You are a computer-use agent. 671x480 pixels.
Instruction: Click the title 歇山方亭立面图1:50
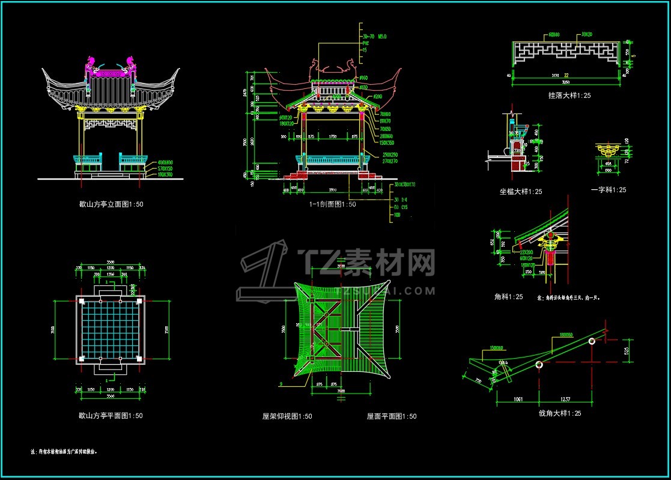[x=111, y=204]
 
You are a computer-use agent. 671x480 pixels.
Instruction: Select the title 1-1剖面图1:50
[x=332, y=204]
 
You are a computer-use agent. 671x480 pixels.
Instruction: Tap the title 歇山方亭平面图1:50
[x=111, y=416]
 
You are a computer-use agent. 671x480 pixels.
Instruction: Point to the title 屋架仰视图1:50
[x=287, y=416]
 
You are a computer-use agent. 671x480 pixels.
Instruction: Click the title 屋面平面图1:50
[x=392, y=416]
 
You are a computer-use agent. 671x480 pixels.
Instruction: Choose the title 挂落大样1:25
[x=569, y=96]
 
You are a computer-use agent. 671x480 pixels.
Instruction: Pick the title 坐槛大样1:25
[x=521, y=192]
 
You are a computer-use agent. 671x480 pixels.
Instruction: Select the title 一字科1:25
[x=609, y=190]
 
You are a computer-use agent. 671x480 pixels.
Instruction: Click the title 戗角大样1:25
[x=560, y=413]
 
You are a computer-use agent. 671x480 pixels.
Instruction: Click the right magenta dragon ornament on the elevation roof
[x=130, y=62]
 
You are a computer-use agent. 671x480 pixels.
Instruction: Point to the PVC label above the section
[x=365, y=44]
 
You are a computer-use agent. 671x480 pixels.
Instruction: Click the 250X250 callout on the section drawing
[x=390, y=155]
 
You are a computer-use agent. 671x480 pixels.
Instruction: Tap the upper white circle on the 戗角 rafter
[x=592, y=341]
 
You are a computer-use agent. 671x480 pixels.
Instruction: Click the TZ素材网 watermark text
[x=366, y=263]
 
